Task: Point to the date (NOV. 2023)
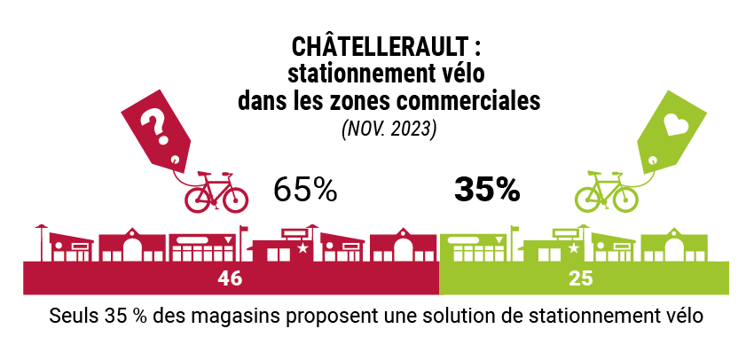click(x=389, y=129)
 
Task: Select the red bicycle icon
click(x=216, y=192)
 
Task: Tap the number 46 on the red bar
click(x=230, y=278)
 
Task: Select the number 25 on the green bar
click(x=582, y=278)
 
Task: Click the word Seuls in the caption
click(x=73, y=317)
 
